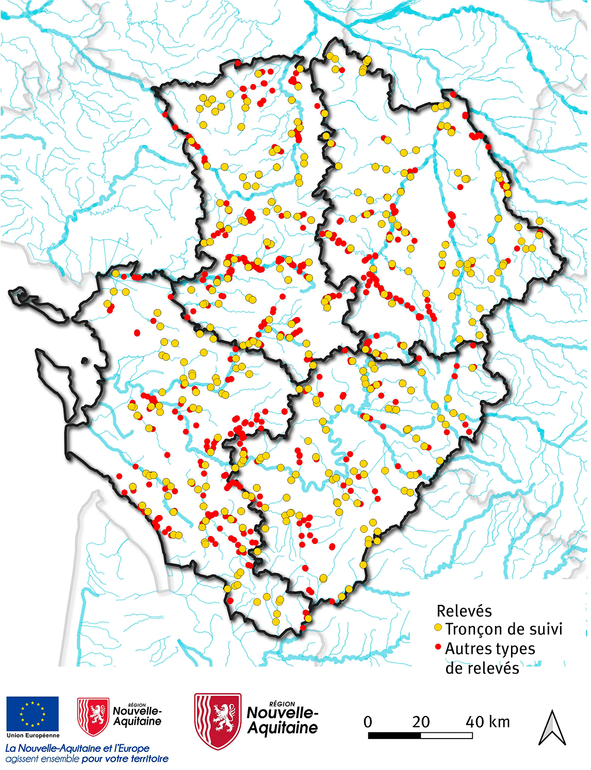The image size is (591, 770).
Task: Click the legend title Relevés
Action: pyautogui.click(x=464, y=611)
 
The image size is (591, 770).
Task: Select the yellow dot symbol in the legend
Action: pyautogui.click(x=438, y=628)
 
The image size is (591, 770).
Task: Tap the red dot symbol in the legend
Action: pyautogui.click(x=438, y=646)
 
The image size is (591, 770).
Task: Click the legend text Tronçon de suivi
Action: pyautogui.click(x=503, y=629)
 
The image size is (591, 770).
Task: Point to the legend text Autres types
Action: pyautogui.click(x=490, y=648)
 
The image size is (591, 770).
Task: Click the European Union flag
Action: pyautogui.click(x=32, y=714)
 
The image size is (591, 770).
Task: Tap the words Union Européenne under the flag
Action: pyautogui.click(x=33, y=735)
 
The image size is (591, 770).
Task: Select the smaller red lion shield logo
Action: pyautogui.click(x=93, y=716)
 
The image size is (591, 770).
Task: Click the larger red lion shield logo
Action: pyautogui.click(x=218, y=721)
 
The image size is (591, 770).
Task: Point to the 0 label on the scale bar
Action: pyautogui.click(x=368, y=722)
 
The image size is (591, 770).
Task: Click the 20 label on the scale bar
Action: pyautogui.click(x=421, y=722)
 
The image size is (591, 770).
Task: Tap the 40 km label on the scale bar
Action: pyautogui.click(x=487, y=722)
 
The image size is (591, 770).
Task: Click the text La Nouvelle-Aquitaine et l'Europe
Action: pyautogui.click(x=77, y=748)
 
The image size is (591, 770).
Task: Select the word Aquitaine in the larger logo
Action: pyautogui.click(x=283, y=728)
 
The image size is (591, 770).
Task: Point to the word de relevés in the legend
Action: pyautogui.click(x=482, y=668)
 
